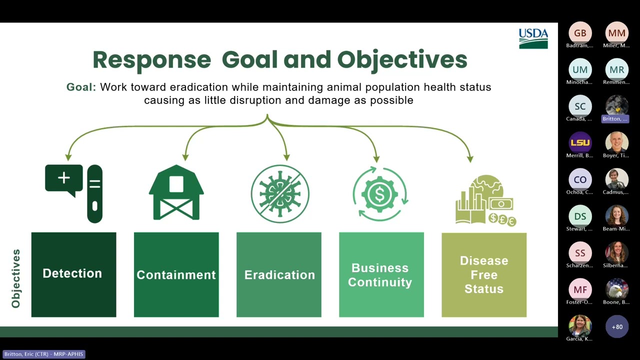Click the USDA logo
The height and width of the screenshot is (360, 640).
(x=533, y=38)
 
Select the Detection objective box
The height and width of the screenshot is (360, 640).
(x=73, y=274)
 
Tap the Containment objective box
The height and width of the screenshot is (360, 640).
(x=176, y=274)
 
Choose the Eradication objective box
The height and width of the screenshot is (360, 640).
(x=279, y=274)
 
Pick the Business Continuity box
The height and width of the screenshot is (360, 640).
(x=381, y=274)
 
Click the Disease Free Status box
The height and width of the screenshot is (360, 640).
(x=483, y=274)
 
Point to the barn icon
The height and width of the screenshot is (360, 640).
(x=176, y=192)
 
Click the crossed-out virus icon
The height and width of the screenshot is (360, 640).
(x=279, y=193)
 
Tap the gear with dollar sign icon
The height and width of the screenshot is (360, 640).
(x=380, y=193)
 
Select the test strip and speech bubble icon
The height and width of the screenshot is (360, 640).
(x=74, y=192)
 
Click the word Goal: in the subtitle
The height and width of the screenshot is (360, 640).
(x=81, y=87)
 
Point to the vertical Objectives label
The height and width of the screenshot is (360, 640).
(x=16, y=278)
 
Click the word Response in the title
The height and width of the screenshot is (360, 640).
(x=152, y=59)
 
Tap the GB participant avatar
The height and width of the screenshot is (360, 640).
(x=580, y=33)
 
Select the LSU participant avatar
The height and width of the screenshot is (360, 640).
(x=580, y=142)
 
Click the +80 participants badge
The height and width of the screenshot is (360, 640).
(x=617, y=326)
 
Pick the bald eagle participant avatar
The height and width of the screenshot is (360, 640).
(x=617, y=289)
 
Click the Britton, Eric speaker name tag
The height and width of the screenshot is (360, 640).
(x=44, y=354)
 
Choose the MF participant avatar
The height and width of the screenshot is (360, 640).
(x=580, y=289)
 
